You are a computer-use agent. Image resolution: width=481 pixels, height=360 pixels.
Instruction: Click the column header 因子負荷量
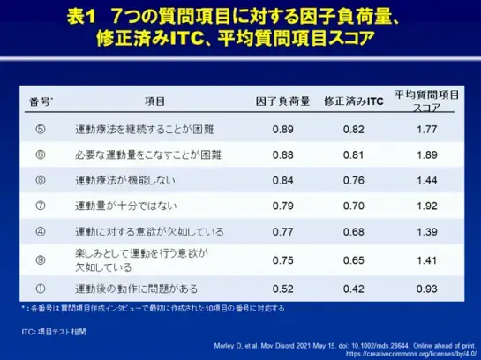point(282,101)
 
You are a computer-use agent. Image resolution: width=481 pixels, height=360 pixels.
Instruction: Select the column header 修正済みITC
point(352,101)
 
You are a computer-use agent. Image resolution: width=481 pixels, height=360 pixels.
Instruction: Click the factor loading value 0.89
point(283,130)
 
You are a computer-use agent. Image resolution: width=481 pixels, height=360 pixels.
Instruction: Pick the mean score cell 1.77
point(426,130)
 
